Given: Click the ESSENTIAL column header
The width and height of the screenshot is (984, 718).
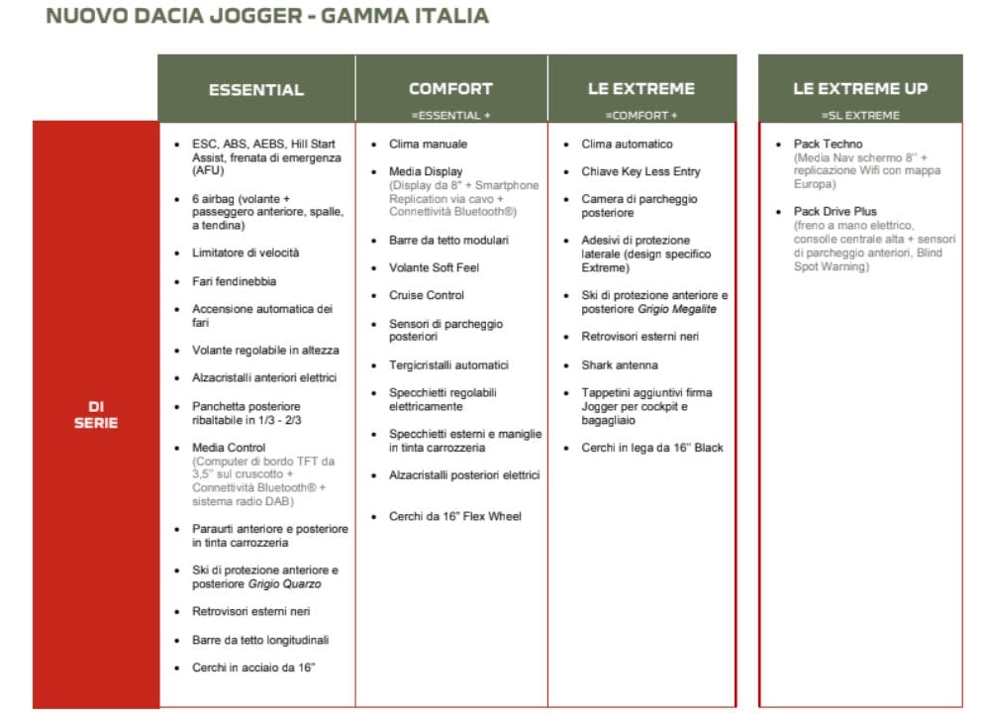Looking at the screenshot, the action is tap(255, 90).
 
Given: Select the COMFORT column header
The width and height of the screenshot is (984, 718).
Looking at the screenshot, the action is tap(450, 88).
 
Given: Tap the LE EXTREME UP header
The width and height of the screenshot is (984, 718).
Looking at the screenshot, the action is tap(860, 88).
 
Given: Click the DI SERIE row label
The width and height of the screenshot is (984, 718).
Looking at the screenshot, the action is tap(95, 414).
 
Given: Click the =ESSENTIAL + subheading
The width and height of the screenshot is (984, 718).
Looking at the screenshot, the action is tap(450, 116).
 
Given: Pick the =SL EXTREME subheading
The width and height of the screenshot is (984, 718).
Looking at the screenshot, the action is tap(860, 116).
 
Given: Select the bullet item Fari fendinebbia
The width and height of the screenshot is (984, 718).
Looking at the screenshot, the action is tap(234, 281).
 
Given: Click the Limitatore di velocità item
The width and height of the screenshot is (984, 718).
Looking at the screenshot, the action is tap(246, 254).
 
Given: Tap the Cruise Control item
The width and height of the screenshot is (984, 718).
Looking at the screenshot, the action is tap(426, 295).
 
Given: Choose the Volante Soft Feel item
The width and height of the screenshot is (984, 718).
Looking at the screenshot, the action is tap(433, 267).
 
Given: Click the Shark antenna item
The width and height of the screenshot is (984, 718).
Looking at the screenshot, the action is tap(619, 364).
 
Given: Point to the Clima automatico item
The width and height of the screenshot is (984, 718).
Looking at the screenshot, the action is tap(627, 144).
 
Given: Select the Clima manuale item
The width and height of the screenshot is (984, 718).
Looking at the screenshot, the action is tap(428, 144).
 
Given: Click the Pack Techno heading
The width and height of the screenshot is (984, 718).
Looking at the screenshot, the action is tap(828, 144).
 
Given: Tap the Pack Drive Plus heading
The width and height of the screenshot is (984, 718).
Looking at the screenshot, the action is tap(836, 211).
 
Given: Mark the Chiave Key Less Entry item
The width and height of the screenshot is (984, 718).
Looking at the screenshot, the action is tap(640, 171).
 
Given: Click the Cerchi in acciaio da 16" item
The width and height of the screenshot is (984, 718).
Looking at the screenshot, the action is tap(253, 667).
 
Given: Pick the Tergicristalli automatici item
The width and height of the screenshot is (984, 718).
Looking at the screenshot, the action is tap(448, 364).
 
